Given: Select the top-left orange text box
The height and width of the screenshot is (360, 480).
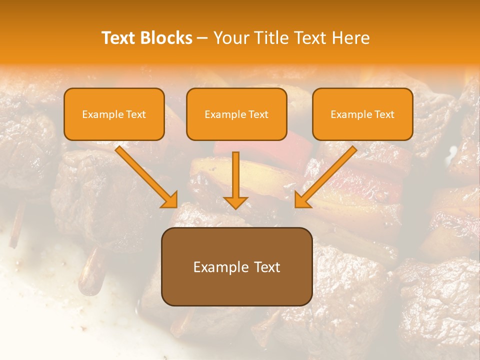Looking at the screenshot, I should [x=114, y=114].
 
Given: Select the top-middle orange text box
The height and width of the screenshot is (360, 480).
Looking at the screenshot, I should [x=236, y=114].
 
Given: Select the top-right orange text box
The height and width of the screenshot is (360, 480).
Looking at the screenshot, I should [x=362, y=114].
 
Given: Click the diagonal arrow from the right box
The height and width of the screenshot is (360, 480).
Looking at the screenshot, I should [x=327, y=175].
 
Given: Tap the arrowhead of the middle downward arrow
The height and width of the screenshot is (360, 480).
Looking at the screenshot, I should [x=235, y=201].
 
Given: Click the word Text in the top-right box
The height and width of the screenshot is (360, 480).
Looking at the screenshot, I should [x=384, y=114].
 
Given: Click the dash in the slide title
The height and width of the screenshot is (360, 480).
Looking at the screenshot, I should [x=202, y=38].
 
